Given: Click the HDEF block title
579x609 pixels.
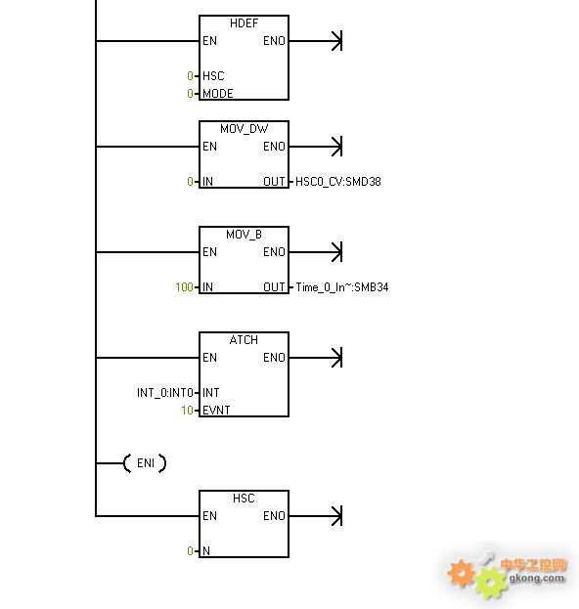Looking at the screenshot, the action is pyautogui.click(x=244, y=23).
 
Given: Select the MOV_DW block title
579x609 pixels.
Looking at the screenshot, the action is pyautogui.click(x=244, y=129).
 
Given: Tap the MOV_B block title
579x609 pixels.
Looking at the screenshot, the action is pyautogui.click(x=244, y=235).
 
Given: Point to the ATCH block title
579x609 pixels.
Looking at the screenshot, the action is pyautogui.click(x=244, y=340).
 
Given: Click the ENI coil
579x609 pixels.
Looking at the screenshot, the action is pyautogui.click(x=145, y=463).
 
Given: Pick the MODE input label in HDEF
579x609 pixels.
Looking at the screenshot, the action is pyautogui.click(x=217, y=94).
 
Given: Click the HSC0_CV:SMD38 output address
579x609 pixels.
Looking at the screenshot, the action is pyautogui.click(x=338, y=182).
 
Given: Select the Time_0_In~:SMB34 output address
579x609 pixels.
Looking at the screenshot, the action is pyautogui.click(x=342, y=287).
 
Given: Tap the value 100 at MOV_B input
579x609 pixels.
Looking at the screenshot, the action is pyautogui.click(x=184, y=287).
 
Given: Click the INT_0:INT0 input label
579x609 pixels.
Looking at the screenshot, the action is pyautogui.click(x=165, y=393).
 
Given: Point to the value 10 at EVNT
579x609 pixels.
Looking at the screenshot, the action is pyautogui.click(x=188, y=411).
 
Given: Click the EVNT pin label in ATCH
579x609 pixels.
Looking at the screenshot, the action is pyautogui.click(x=216, y=411).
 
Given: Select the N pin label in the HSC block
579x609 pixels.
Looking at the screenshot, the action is pyautogui.click(x=206, y=550).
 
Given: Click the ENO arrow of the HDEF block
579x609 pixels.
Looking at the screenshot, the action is pyautogui.click(x=316, y=41).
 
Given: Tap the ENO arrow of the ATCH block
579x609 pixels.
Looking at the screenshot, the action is pyautogui.click(x=316, y=358).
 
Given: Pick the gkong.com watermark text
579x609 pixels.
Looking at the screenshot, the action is pyautogui.click(x=536, y=578).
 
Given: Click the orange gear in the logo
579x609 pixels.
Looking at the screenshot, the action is pyautogui.click(x=462, y=573).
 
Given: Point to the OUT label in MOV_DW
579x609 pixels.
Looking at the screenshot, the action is pyautogui.click(x=274, y=182).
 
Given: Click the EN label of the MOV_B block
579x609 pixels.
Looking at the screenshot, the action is pyautogui.click(x=209, y=252).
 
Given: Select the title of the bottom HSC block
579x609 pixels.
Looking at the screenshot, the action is pyautogui.click(x=244, y=499).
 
